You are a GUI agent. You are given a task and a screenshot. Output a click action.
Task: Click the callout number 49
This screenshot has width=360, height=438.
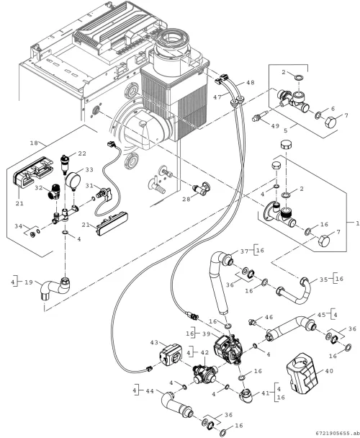[275, 125]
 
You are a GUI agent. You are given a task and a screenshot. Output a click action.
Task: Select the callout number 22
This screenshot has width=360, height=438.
[82, 153]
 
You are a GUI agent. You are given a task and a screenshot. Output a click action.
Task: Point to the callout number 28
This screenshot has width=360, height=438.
[186, 199]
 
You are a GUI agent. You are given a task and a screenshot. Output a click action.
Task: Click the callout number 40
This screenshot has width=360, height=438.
[329, 371]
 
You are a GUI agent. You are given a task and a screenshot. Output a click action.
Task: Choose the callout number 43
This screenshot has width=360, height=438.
[154, 342]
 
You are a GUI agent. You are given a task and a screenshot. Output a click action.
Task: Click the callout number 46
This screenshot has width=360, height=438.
[269, 317]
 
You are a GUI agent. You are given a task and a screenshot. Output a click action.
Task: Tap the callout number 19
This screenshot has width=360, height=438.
[29, 282]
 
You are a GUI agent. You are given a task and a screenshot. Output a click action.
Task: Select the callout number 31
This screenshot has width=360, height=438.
[89, 185]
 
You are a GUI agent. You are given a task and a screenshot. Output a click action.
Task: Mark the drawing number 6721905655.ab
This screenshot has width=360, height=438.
[336, 434]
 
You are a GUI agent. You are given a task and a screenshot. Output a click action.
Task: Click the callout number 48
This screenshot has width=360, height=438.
[251, 83]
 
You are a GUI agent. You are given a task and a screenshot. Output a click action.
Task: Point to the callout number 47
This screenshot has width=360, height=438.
[217, 97]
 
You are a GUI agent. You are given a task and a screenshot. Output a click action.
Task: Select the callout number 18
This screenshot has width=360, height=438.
[34, 143]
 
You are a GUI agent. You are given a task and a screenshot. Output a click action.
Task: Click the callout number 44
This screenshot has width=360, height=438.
[150, 391]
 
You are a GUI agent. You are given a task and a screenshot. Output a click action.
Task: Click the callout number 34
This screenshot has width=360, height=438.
[19, 226]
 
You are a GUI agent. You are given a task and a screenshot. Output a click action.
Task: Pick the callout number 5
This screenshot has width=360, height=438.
[285, 130]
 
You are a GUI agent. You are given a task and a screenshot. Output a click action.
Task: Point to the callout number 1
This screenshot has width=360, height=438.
[357, 223]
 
